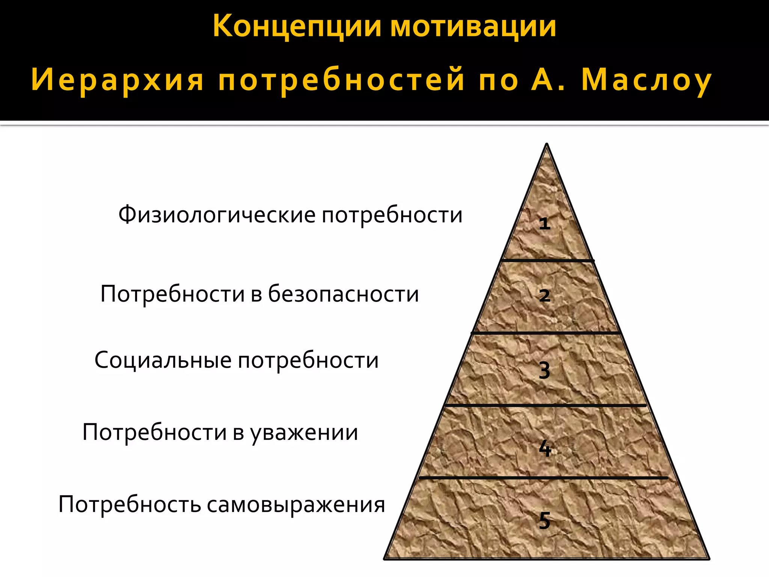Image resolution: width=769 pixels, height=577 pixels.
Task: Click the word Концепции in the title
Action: [297, 26]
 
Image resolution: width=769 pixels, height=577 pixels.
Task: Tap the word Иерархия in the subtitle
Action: [117, 80]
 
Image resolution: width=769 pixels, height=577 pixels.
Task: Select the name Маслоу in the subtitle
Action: [646, 80]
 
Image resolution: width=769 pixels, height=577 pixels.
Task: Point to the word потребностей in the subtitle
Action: [341, 80]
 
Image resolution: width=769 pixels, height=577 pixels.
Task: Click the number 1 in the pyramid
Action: [544, 224]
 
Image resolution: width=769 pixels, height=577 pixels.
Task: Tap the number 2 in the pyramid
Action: [544, 296]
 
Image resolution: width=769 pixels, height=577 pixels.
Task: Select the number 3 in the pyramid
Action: [544, 371]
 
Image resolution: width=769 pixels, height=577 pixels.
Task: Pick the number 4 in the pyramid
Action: [545, 448]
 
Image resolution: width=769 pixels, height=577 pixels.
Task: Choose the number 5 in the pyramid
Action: [544, 521]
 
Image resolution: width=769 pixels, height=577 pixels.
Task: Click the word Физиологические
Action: [217, 215]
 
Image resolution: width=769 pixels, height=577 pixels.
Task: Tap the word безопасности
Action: [343, 294]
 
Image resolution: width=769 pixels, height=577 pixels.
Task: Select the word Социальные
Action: [163, 360]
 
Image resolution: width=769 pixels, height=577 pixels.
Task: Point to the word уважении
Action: [304, 432]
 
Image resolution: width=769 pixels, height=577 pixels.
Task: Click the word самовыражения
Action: [296, 504]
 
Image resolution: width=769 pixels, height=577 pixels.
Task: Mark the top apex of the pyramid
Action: [547, 145]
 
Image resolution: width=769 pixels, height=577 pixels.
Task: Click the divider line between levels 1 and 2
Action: [547, 260]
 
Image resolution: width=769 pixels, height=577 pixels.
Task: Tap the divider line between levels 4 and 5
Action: [543, 478]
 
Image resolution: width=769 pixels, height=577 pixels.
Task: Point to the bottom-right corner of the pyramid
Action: [708, 559]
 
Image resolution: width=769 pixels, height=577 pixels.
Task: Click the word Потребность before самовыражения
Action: [130, 504]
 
